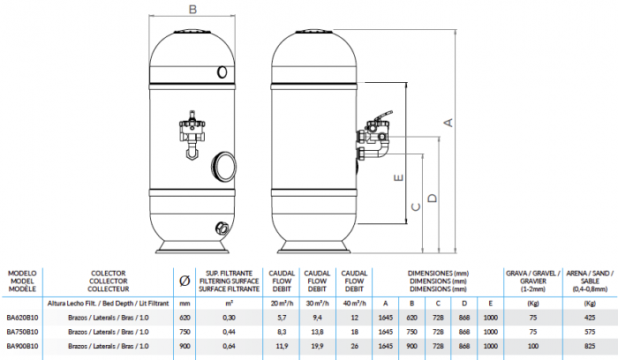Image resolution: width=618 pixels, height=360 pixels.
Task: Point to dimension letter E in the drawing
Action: click(x=399, y=177)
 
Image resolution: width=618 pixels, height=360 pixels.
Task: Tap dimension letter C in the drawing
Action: click(x=414, y=208)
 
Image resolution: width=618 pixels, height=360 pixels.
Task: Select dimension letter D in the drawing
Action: click(x=431, y=199)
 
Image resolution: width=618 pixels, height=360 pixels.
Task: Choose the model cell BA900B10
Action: click(x=22, y=346)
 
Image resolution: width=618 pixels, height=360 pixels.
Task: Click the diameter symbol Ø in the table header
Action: click(x=184, y=281)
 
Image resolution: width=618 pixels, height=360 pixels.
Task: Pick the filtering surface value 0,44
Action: click(x=230, y=331)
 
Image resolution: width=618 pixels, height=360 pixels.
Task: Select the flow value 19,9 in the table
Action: click(x=315, y=346)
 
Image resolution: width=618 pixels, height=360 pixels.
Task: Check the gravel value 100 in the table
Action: click(x=532, y=346)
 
